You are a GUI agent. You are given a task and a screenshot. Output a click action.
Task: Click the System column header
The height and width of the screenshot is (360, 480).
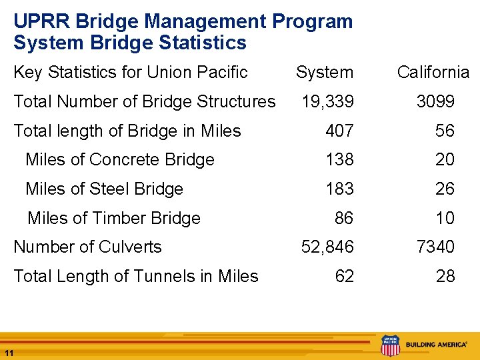pos(325,73)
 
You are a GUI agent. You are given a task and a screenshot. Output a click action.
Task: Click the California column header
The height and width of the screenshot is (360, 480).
pos(433,73)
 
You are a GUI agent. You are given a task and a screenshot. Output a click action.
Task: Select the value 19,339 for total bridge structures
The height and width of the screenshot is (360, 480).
pos(328,102)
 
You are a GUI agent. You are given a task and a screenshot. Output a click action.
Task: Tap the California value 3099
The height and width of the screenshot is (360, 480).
pos(435,102)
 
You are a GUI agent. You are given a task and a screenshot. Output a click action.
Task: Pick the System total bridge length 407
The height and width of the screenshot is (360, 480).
pos(339,131)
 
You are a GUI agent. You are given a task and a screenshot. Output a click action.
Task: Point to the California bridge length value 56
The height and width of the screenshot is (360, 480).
pos(445,131)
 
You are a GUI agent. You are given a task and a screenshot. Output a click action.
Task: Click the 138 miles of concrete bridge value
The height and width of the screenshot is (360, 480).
pos(339,160)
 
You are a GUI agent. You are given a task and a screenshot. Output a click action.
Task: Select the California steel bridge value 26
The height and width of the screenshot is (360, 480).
pos(445,189)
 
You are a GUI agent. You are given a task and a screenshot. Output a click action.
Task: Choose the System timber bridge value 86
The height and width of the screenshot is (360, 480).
pos(345,218)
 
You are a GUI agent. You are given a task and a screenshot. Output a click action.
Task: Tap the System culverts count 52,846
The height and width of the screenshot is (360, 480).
pos(328,247)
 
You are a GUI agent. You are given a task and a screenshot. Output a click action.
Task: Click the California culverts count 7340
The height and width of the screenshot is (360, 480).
pos(435,247)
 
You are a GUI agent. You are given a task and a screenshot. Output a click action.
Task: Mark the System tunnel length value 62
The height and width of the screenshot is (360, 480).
pos(345,277)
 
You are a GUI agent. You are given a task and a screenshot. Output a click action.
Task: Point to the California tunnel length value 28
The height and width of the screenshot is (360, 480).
pos(445,277)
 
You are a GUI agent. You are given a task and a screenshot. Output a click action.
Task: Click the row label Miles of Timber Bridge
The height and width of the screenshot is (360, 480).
pos(114,219)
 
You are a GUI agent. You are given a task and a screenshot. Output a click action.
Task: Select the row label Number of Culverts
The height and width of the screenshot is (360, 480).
pos(87,247)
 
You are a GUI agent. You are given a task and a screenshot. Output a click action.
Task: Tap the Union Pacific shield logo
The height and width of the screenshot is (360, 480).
pos(390,345)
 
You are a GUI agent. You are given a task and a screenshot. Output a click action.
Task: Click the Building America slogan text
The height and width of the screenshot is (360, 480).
pos(437,345)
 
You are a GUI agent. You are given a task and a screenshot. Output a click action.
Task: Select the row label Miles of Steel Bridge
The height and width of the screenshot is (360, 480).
pos(104,189)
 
